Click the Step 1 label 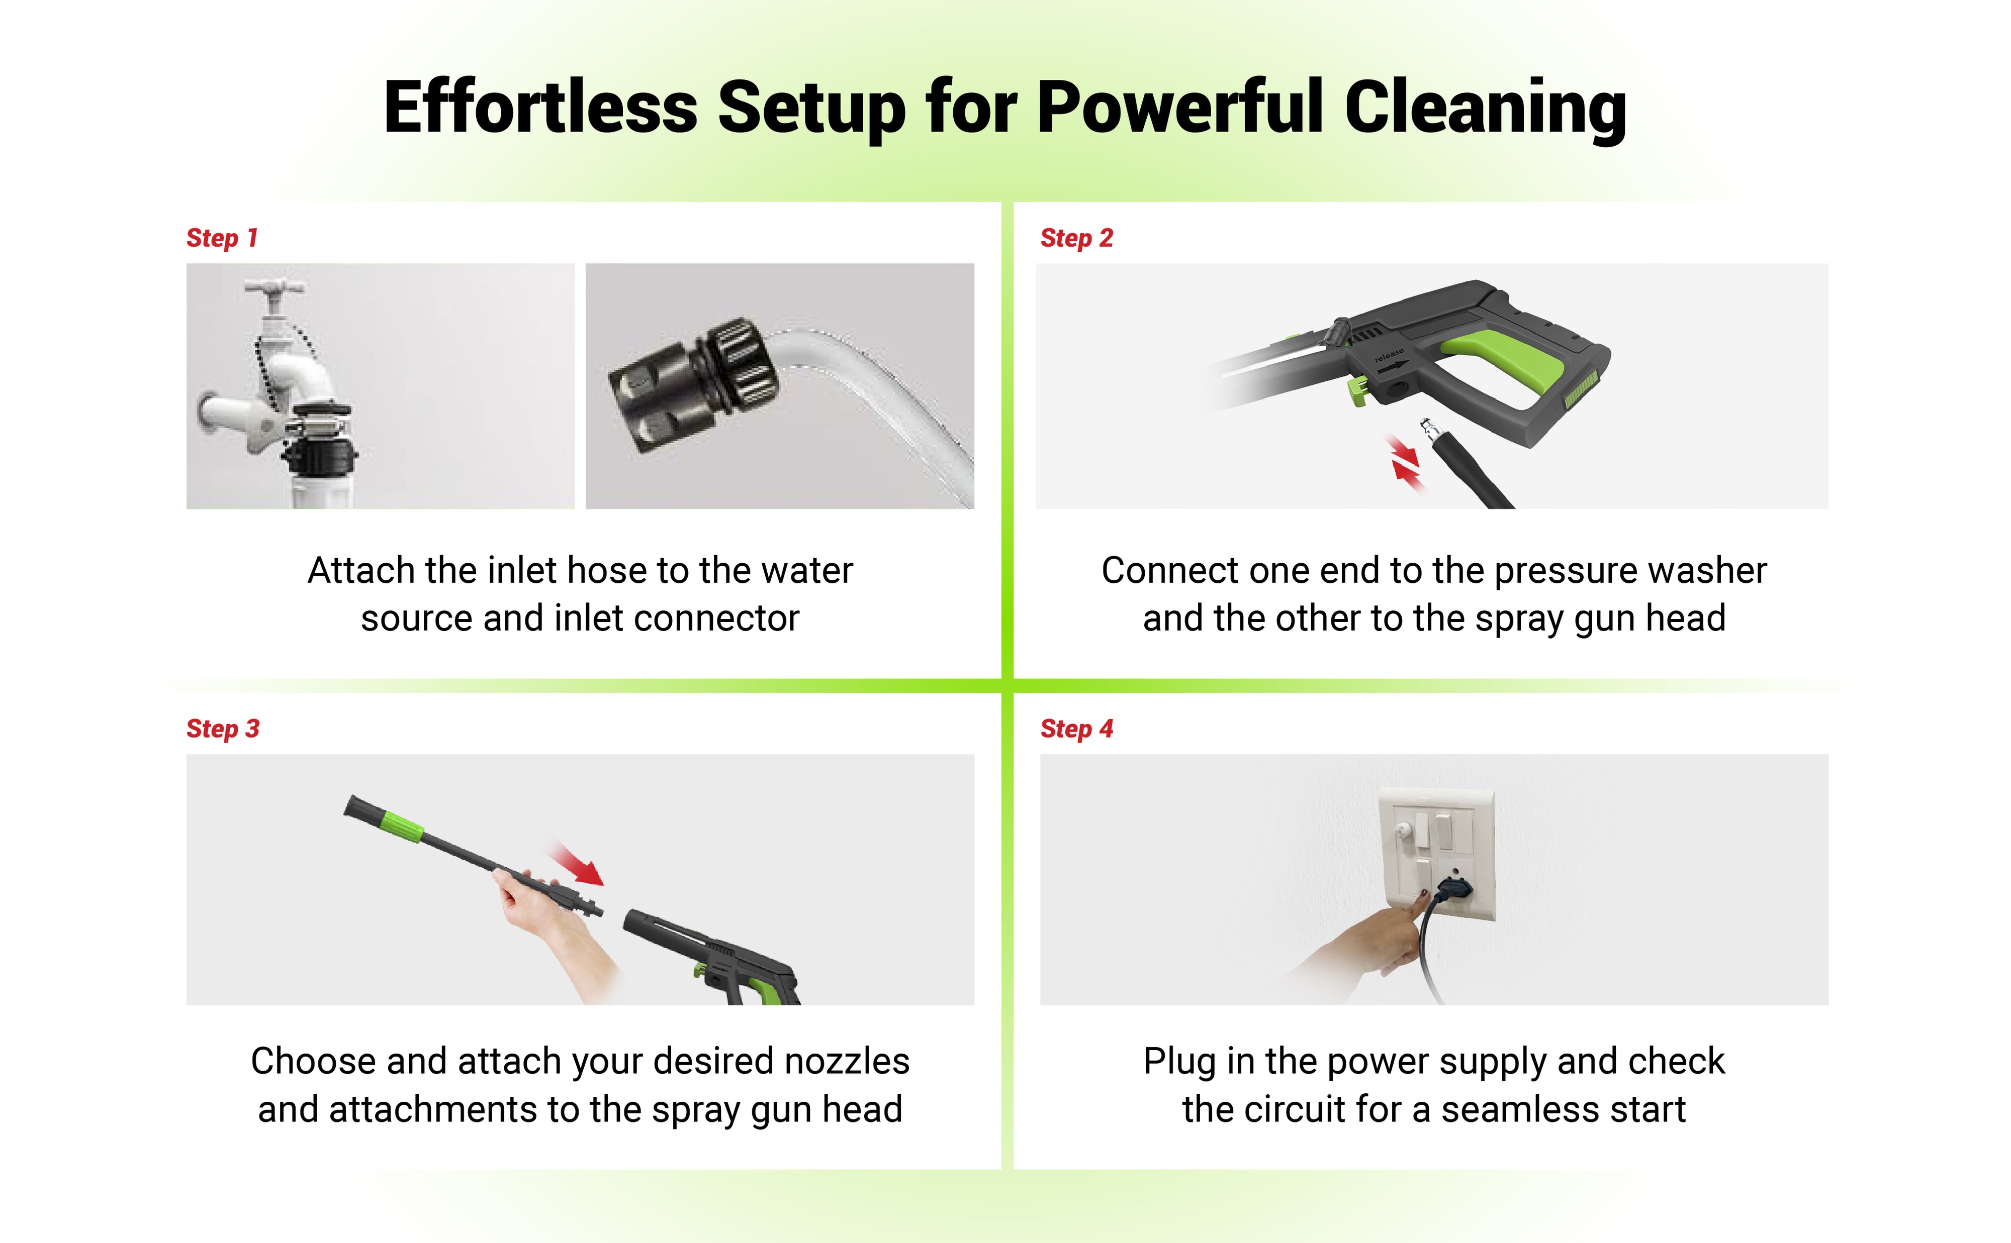222,239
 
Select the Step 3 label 222,729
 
